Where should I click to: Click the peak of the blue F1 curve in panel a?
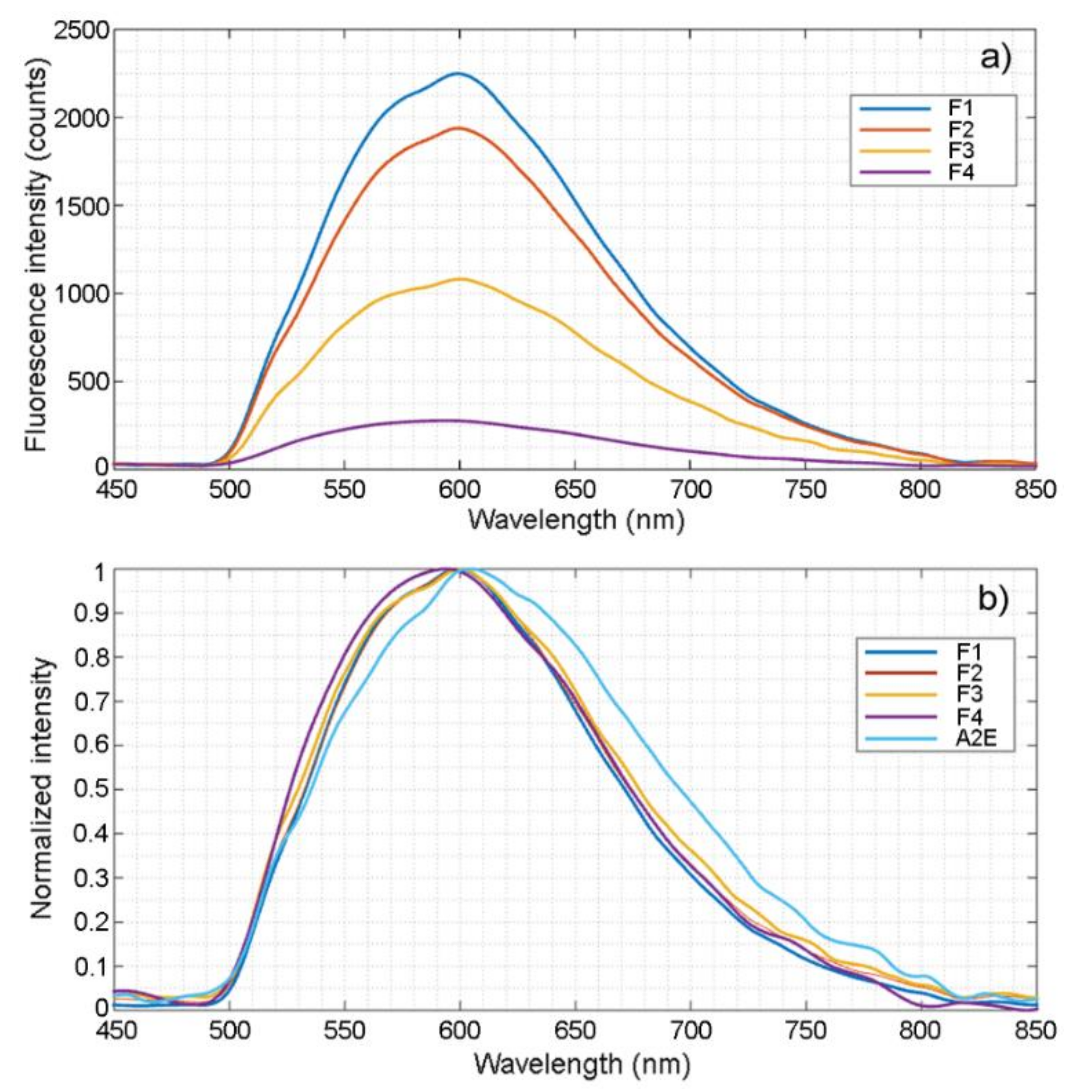pyautogui.click(x=459, y=73)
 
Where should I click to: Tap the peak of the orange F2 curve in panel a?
pyautogui.click(x=459, y=128)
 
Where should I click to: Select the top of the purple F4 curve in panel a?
pyautogui.click(x=450, y=420)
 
